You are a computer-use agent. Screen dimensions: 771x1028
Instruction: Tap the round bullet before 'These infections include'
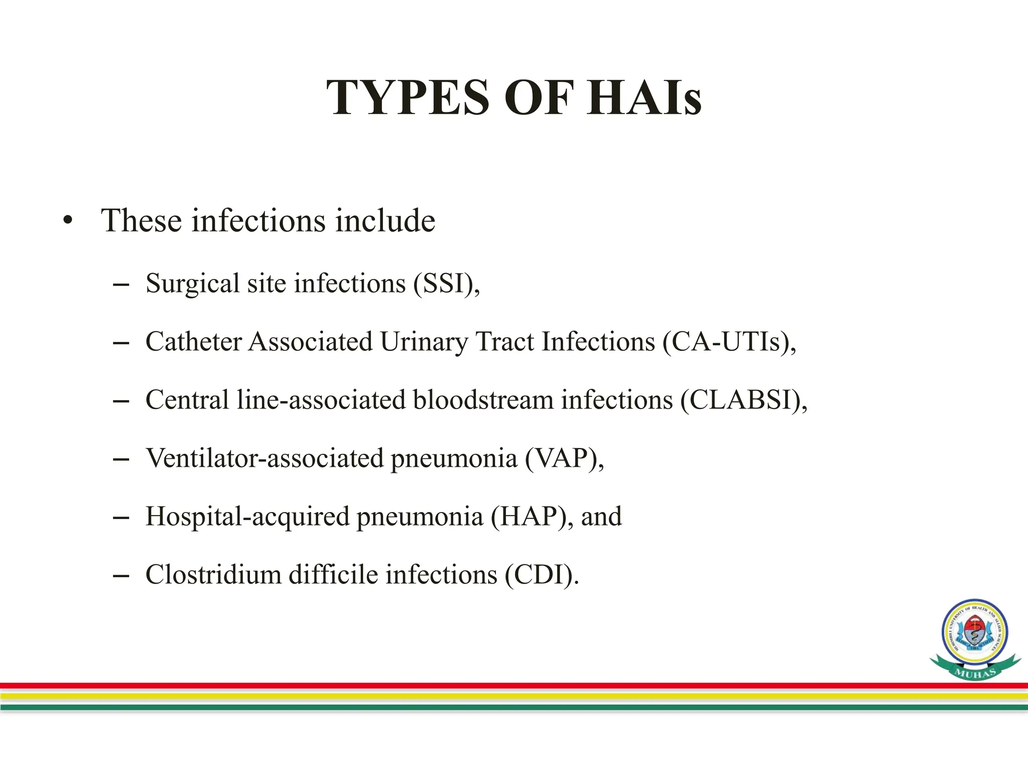(68, 221)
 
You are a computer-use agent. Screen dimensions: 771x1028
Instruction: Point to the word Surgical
(193, 284)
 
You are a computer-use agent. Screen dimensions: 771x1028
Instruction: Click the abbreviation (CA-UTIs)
(725, 342)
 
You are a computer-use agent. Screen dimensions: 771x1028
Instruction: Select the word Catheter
(194, 342)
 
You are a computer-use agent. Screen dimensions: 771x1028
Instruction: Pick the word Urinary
(424, 342)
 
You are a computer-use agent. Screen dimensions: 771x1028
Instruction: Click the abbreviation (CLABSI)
(740, 400)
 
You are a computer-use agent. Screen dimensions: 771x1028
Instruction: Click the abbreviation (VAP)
(561, 458)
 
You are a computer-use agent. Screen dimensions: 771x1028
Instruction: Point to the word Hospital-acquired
(247, 517)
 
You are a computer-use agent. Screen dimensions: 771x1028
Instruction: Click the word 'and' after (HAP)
(601, 517)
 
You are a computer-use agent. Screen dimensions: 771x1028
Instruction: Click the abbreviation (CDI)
(539, 575)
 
